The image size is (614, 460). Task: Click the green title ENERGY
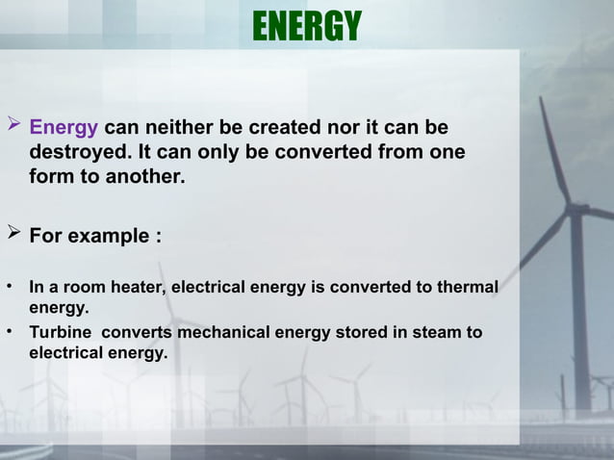tap(306, 27)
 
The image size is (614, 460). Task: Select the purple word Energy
tap(64, 128)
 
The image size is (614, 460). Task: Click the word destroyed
tap(80, 153)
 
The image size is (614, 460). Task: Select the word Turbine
tap(61, 333)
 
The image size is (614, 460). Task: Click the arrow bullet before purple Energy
tap(13, 127)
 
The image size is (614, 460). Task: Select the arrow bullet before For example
tap(13, 235)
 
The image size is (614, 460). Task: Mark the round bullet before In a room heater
tap(9, 287)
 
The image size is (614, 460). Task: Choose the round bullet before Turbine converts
tap(9, 333)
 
